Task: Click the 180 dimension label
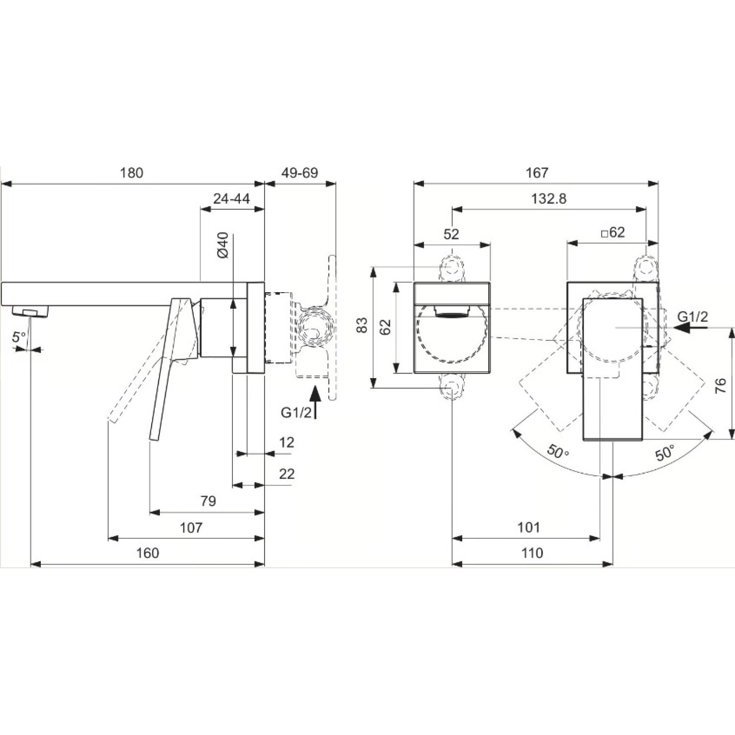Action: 131,173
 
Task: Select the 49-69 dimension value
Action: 300,173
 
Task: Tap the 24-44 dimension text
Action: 232,198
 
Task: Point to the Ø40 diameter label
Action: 223,245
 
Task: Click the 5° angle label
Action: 19,337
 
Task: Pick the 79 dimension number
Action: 208,501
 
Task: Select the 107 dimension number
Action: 191,527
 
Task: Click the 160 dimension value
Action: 147,553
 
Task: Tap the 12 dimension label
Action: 286,442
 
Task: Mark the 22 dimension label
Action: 287,474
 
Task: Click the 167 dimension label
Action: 537,173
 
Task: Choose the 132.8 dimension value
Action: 549,198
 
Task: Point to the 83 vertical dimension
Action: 362,325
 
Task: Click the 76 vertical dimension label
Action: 721,385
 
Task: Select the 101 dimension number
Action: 529,527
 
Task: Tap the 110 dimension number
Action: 532,553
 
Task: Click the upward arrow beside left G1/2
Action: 315,402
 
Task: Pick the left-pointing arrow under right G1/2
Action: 691,328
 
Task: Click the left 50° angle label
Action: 558,452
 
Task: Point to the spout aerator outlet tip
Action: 31,311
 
